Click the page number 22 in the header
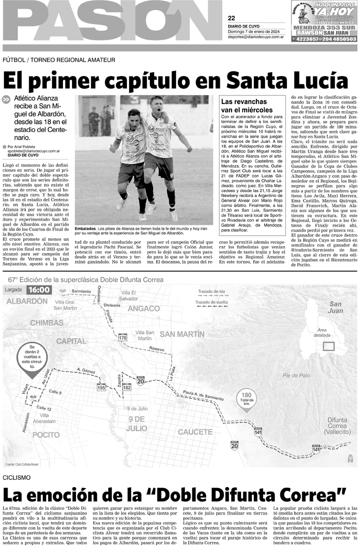pyautogui.click(x=232, y=18)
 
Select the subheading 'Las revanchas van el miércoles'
pyautogui.click(x=247, y=106)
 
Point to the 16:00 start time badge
pyautogui.click(x=39, y=290)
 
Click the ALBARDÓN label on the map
pyautogui.click(x=23, y=301)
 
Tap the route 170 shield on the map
pyautogui.click(x=122, y=337)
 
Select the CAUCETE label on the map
pyautogui.click(x=195, y=432)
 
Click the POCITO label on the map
pyautogui.click(x=46, y=435)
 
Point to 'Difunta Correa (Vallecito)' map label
pyautogui.click(x=337, y=426)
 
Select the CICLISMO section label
pyautogui.click(x=16, y=478)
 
